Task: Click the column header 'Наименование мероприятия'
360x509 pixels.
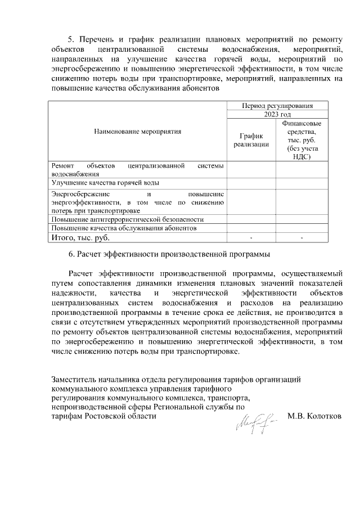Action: click(x=137, y=132)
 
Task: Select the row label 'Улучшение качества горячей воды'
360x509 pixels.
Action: click(x=105, y=183)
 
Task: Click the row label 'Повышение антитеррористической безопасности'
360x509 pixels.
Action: click(x=127, y=219)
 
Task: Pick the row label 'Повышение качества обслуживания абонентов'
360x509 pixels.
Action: click(x=124, y=228)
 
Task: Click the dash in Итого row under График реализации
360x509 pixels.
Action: click(x=251, y=237)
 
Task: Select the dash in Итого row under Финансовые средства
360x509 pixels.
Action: click(x=301, y=237)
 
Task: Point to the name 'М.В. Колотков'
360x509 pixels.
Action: click(x=314, y=416)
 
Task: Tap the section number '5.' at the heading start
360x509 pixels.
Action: click(x=71, y=40)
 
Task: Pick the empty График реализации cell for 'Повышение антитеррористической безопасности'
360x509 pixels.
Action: click(x=251, y=219)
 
